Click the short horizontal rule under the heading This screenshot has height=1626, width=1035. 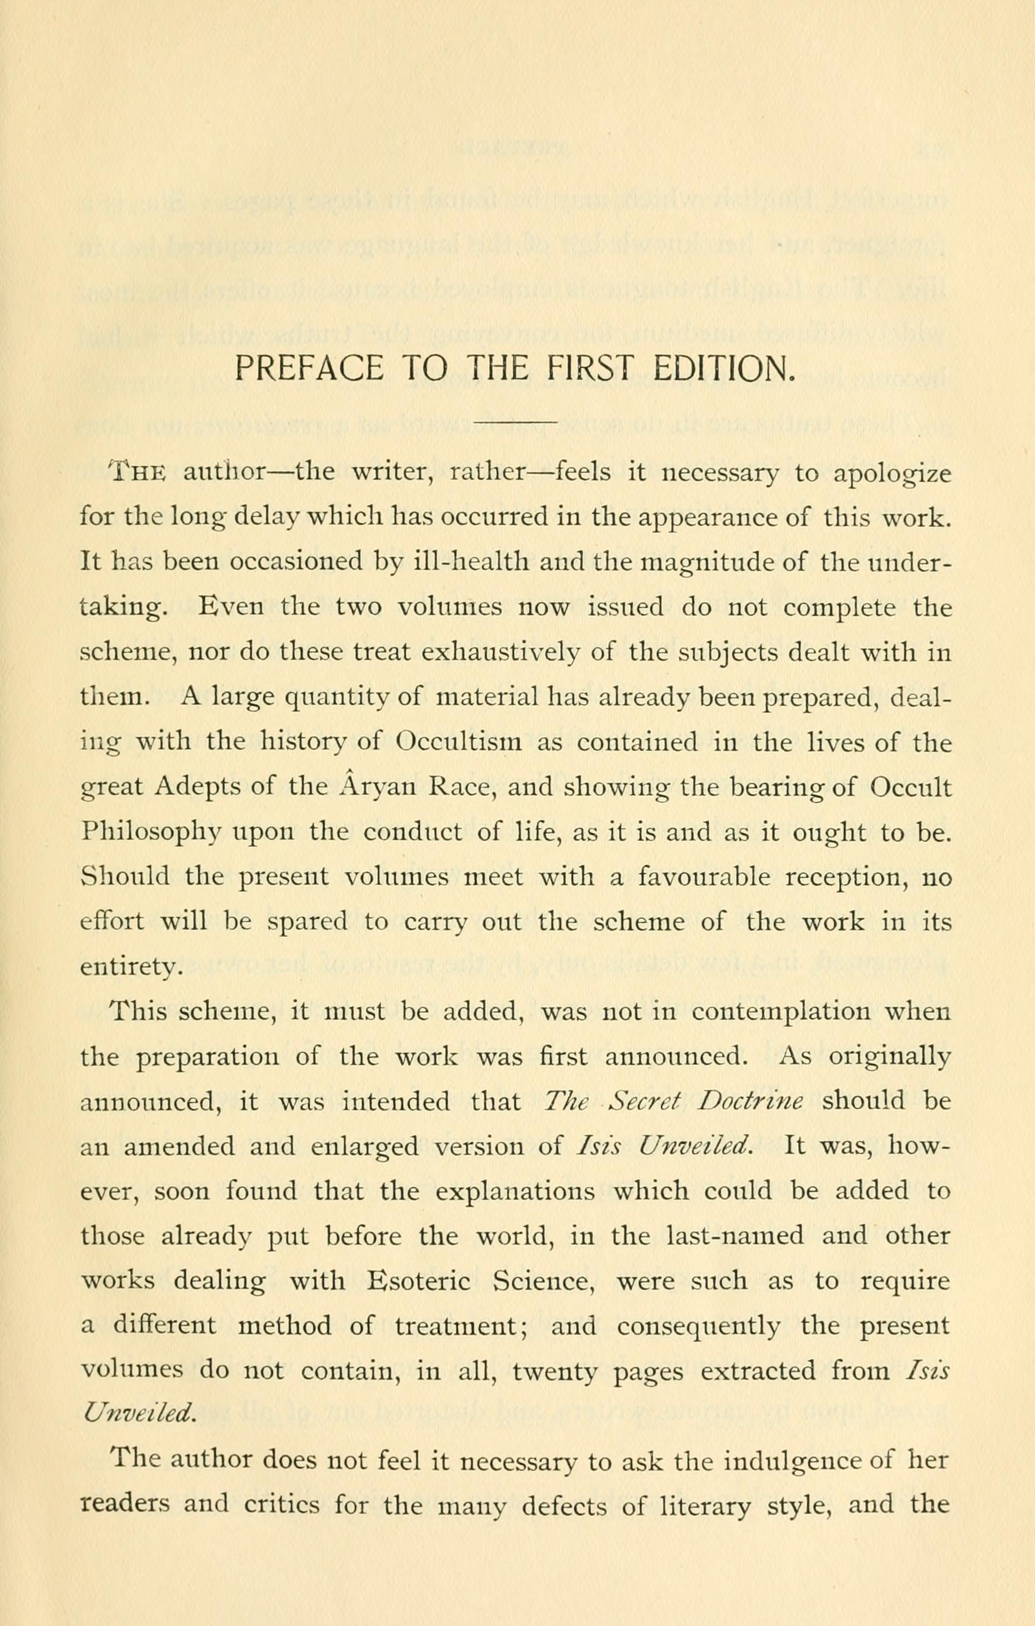516,422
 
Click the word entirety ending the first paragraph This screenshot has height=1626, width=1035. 130,967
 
